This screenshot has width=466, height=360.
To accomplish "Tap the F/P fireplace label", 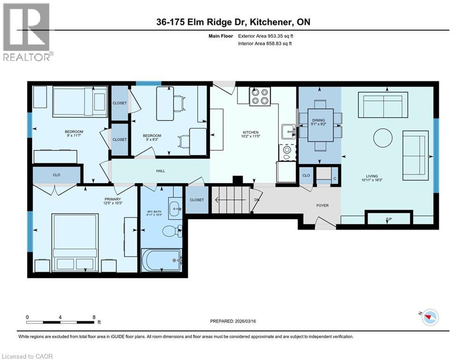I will tap(388, 219).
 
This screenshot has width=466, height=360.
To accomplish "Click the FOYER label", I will tap(322, 205).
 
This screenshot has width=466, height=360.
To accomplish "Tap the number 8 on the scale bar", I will tap(94, 317).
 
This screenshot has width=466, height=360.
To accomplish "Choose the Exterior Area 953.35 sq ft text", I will tap(267, 36).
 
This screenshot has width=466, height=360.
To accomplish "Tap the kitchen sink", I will tap(287, 131).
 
